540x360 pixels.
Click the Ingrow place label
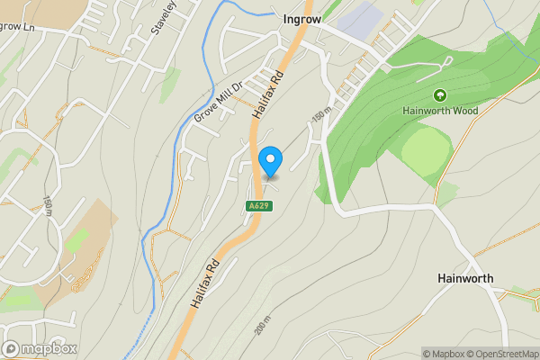301,17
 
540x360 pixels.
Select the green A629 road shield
258,206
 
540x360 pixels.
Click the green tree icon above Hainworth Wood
440,95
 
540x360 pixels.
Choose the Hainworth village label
465,278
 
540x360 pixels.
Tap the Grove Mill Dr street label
218,104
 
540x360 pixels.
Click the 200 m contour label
262,325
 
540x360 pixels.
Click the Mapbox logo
40,348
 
